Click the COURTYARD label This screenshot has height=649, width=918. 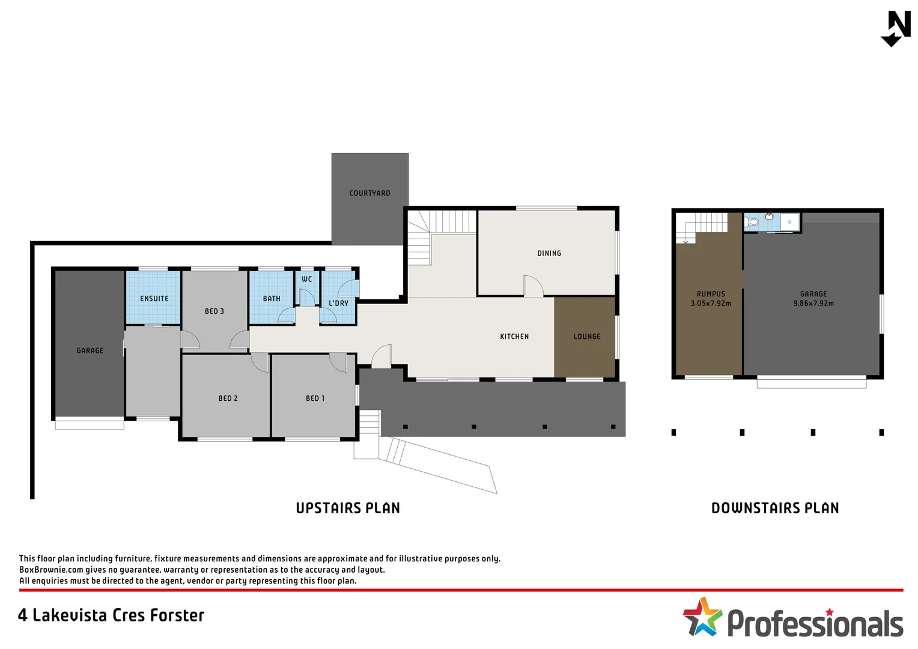click(x=369, y=193)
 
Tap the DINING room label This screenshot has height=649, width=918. click(x=549, y=254)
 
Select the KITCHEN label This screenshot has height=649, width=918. click(x=514, y=337)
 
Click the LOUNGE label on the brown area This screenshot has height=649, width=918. click(x=586, y=337)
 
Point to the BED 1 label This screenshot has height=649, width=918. click(x=315, y=398)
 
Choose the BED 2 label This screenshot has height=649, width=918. click(x=228, y=398)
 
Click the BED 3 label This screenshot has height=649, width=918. click(x=214, y=311)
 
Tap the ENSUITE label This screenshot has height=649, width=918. click(x=154, y=299)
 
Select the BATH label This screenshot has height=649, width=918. click(x=272, y=299)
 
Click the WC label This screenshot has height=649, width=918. click(x=306, y=279)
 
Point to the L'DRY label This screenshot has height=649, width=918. click(x=338, y=303)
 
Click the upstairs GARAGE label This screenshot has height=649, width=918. click(x=90, y=350)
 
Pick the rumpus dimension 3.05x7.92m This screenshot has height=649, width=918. click(x=711, y=303)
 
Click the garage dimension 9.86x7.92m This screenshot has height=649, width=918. click(x=813, y=303)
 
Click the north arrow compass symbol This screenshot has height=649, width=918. click(x=896, y=28)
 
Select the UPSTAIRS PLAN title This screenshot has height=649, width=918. click(x=348, y=508)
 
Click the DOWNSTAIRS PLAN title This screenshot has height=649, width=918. click(x=775, y=508)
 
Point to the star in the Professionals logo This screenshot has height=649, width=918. click(x=702, y=617)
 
